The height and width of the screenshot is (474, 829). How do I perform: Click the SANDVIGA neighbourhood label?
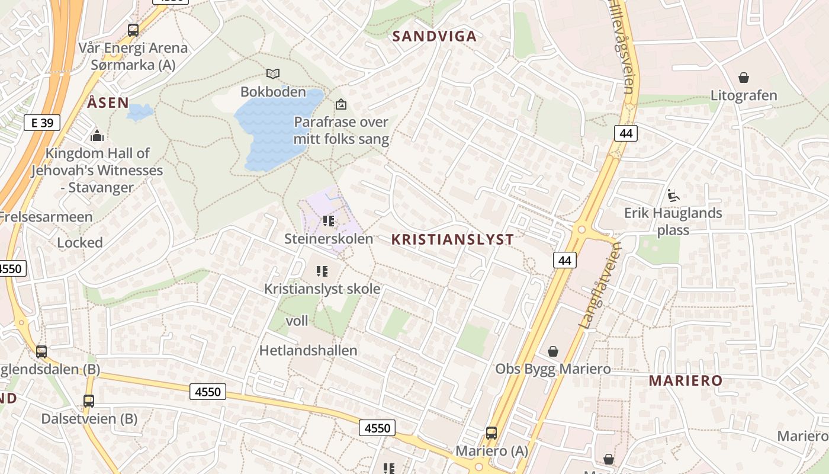tap(435, 36)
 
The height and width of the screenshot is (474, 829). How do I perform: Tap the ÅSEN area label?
tap(108, 103)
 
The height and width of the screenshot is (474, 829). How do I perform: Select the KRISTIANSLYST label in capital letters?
tap(452, 239)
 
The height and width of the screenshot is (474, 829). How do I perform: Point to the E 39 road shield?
tap(42, 123)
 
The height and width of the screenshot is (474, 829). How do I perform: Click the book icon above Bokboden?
tap(273, 74)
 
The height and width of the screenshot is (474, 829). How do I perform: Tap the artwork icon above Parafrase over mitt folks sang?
tap(341, 104)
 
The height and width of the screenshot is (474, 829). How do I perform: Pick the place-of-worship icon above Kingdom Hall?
tap(97, 136)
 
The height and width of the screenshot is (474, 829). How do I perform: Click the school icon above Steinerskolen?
tap(329, 221)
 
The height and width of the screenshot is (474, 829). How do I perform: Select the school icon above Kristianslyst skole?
tap(322, 271)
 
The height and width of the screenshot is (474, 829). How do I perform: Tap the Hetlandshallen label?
tap(308, 350)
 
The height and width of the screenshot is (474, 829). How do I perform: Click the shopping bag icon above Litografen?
tap(744, 78)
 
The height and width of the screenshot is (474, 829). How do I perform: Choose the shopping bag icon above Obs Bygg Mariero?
tap(553, 351)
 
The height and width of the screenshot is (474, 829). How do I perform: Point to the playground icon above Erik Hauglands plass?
tap(673, 195)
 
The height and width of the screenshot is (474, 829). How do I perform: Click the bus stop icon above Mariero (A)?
tap(491, 433)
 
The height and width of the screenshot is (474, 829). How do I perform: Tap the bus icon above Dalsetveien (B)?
tap(89, 401)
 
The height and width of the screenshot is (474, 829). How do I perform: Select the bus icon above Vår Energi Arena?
tap(133, 30)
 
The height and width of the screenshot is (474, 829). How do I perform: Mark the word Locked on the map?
tap(80, 242)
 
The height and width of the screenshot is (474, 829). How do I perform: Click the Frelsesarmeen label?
tap(46, 217)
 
